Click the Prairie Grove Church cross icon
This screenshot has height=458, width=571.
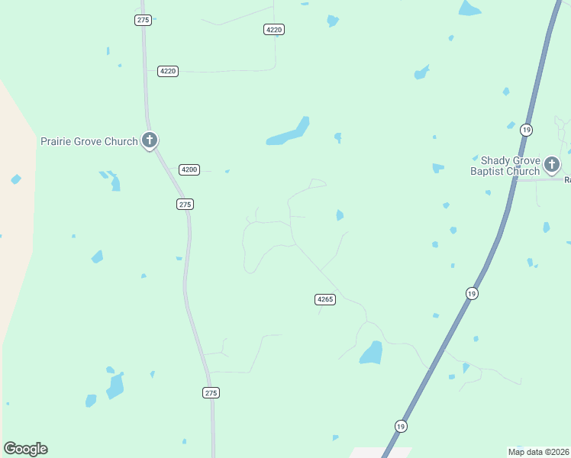pos(150,140)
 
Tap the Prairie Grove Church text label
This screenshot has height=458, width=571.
pos(89,141)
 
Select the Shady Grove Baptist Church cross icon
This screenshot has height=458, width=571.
pos(552,164)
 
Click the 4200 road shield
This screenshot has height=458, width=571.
pos(189,169)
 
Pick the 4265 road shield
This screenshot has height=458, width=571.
pos(324,299)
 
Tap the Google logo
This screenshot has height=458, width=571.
pos(25,449)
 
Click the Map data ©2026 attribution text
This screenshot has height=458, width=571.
pos(537,452)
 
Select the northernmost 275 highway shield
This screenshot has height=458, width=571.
pos(143,20)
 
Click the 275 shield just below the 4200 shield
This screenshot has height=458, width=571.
pos(185,204)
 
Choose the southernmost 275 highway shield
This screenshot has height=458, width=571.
pos(211,392)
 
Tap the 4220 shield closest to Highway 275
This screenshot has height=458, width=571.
pos(168,71)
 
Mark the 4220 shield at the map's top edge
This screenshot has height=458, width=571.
pos(274,29)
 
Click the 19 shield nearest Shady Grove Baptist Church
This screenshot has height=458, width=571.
pos(526,129)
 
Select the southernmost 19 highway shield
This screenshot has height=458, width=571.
pos(401,426)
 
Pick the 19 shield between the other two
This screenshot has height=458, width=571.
pos(472,293)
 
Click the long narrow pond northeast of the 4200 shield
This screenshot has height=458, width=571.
pos(289,134)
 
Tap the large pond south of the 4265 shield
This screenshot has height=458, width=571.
pos(372,353)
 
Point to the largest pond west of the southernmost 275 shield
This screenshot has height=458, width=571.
pos(115,386)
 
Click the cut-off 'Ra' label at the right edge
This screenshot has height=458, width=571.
pos(567,180)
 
